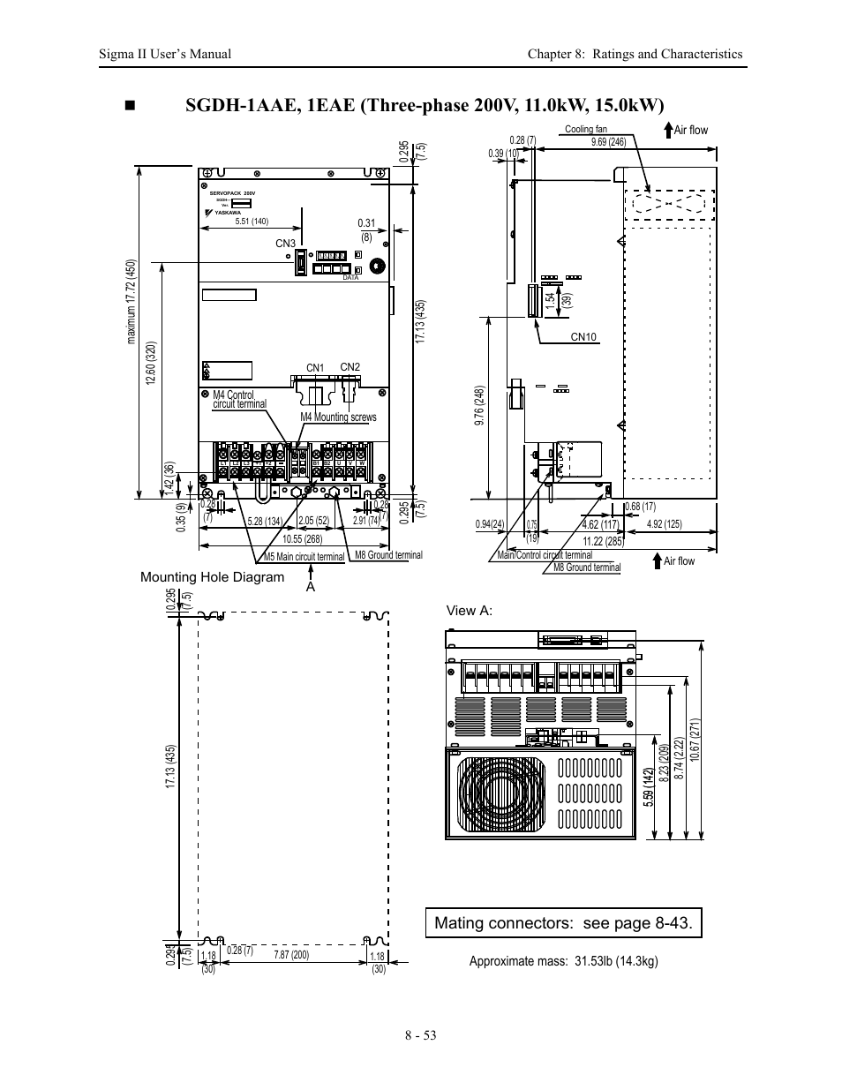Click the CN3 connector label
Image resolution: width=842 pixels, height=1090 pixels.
click(x=285, y=244)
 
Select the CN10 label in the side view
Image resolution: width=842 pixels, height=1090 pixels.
click(x=584, y=336)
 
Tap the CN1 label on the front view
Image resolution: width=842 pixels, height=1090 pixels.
click(x=315, y=368)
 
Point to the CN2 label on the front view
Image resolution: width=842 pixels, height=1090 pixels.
click(x=350, y=367)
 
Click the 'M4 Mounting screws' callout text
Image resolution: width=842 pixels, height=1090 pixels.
click(x=338, y=417)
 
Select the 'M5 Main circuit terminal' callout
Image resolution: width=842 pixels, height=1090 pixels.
click(x=304, y=557)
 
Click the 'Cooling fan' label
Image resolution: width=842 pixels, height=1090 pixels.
click(x=586, y=130)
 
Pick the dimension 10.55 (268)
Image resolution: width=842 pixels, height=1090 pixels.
click(x=302, y=538)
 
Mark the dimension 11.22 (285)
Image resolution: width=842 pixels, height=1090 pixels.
click(x=604, y=541)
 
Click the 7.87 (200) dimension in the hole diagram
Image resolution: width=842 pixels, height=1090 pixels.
click(x=291, y=955)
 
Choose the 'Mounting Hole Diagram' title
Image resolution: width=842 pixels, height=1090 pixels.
click(x=213, y=577)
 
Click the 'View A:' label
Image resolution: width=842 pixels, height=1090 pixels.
click(x=470, y=611)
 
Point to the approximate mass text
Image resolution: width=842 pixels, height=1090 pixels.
click(x=564, y=961)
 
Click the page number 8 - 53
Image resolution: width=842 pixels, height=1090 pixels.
click(x=421, y=1035)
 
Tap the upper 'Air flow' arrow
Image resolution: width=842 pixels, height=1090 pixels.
click(x=669, y=130)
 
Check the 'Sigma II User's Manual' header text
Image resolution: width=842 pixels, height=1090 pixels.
click(x=165, y=54)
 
